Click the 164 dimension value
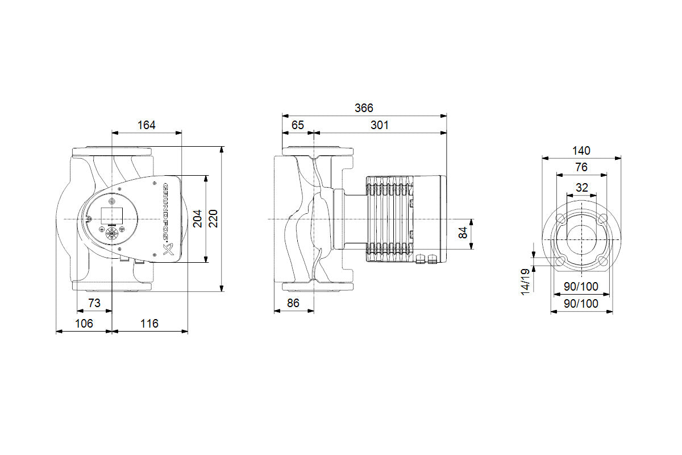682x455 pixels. [x=146, y=125]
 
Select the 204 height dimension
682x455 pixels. [x=197, y=218]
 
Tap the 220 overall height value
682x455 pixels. [x=214, y=218]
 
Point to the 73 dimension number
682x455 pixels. [x=94, y=303]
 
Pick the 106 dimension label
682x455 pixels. [x=84, y=324]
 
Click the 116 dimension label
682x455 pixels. [x=149, y=324]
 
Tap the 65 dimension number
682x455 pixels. [x=297, y=125]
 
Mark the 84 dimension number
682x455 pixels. [x=463, y=232]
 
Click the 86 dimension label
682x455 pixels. [x=293, y=303]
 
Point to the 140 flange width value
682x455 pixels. [x=581, y=151]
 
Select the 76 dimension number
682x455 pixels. [x=581, y=167]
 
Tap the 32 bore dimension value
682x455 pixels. [x=581, y=187]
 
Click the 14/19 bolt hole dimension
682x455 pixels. [x=526, y=280]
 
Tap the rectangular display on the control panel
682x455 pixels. [x=112, y=215]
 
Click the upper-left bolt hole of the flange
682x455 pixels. [x=560, y=219]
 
